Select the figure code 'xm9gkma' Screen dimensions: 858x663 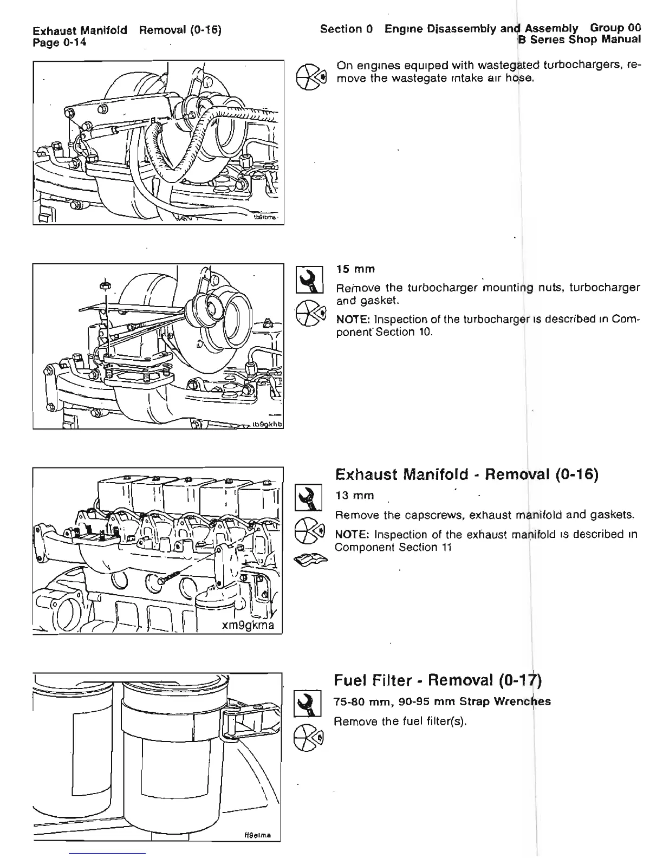(247, 626)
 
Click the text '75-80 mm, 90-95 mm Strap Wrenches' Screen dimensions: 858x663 (442, 702)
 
